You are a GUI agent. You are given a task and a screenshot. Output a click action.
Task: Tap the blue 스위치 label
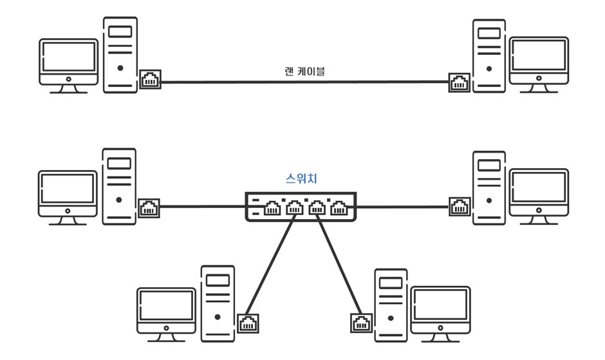301,179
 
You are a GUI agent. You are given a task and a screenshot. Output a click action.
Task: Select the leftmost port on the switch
272,208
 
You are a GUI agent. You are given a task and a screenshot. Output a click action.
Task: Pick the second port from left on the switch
295,208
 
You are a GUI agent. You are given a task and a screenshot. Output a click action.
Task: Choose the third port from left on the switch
317,208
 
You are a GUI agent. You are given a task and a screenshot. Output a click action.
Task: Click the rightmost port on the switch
339,208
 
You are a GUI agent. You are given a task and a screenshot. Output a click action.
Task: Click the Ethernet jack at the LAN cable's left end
151,80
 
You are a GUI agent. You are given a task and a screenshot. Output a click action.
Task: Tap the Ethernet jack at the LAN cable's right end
459,82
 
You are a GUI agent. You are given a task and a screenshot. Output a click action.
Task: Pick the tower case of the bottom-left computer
218,303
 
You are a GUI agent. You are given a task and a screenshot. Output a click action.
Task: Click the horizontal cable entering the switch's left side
202,207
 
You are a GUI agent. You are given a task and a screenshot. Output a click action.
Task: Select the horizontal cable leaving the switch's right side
402,207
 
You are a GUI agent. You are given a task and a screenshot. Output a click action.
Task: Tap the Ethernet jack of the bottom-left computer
248,323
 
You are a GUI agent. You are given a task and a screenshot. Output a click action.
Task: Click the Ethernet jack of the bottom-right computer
361,323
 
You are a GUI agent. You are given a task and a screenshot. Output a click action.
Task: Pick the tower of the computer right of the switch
489,187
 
